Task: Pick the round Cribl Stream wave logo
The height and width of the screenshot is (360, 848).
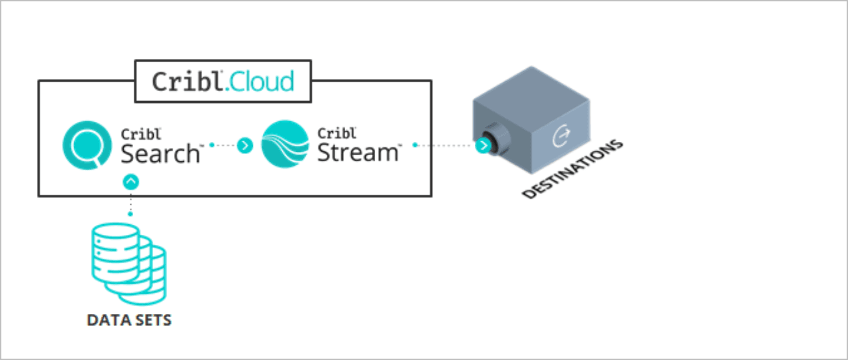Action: click(x=285, y=143)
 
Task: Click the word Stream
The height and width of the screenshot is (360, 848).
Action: click(x=357, y=153)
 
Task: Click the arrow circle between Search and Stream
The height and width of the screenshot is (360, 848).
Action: click(x=245, y=145)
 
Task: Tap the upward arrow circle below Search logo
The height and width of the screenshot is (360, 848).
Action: click(x=132, y=181)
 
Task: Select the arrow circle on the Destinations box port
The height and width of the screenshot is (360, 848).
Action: click(x=483, y=146)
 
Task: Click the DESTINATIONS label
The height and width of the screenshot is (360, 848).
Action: click(x=572, y=169)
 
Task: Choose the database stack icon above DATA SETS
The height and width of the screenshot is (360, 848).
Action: click(x=128, y=264)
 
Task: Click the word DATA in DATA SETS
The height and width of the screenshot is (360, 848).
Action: click(x=107, y=320)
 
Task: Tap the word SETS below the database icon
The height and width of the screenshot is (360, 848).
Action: click(x=151, y=320)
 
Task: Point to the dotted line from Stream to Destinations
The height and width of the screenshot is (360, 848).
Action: click(x=444, y=145)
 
